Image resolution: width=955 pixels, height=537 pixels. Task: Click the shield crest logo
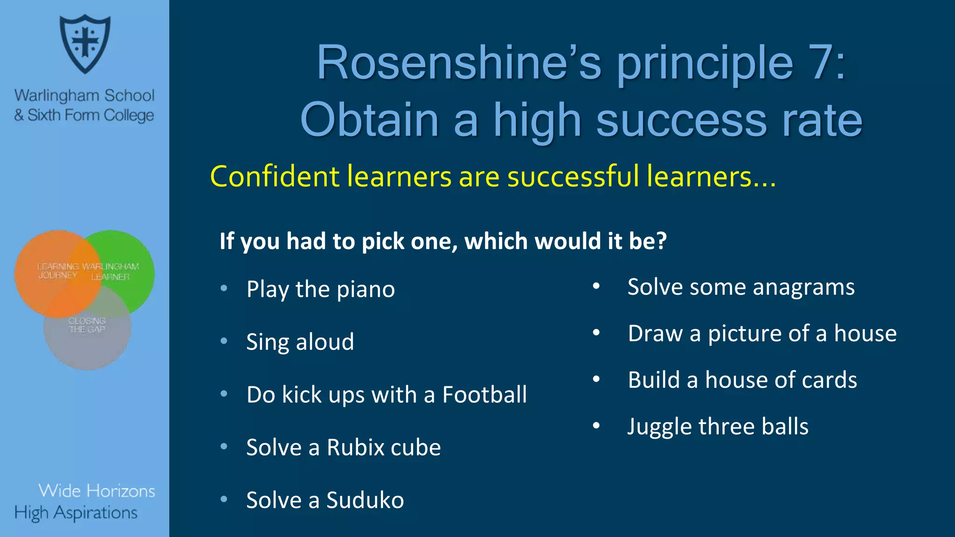click(85, 43)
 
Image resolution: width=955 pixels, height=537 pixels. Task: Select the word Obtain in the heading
click(368, 120)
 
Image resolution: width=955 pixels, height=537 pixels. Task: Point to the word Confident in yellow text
click(275, 177)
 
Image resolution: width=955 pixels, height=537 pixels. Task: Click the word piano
click(366, 289)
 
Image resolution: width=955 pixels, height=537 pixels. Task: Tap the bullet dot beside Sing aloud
click(224, 341)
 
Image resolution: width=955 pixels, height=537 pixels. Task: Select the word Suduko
click(365, 500)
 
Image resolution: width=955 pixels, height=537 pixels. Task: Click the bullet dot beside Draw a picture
click(596, 333)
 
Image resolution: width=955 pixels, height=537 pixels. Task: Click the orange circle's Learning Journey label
click(58, 271)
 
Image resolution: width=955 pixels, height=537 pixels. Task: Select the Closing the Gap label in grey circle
click(87, 325)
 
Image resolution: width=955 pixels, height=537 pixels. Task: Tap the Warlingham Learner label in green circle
click(111, 271)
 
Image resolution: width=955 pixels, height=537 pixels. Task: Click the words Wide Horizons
click(97, 491)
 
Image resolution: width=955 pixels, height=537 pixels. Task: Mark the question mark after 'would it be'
click(661, 241)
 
